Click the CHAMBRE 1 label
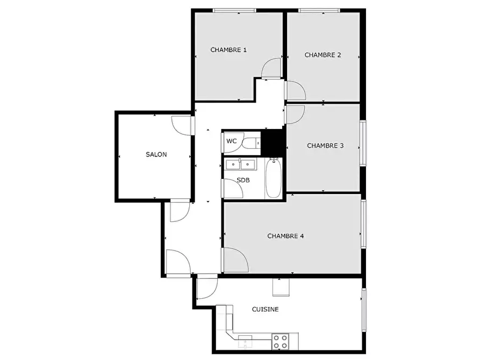pos(228,50)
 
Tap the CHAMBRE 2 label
pos(323,55)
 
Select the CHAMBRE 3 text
pos(325,146)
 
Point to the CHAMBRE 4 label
pos(285,236)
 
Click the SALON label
pos(156,155)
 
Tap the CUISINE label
pos(265,309)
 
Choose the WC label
pos(232,141)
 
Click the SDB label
pos(243,181)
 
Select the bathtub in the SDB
pos(274,178)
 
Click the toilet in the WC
pos(251,143)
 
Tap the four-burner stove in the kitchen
pos(281,342)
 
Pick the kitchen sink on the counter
pos(245,342)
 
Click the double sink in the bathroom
pos(241,164)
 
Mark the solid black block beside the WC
pos(273,142)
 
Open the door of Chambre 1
pos(271,68)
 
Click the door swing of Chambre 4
pos(236,260)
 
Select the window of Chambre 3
pos(363,143)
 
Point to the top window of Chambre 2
pos(319,11)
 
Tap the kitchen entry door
pos(207,287)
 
